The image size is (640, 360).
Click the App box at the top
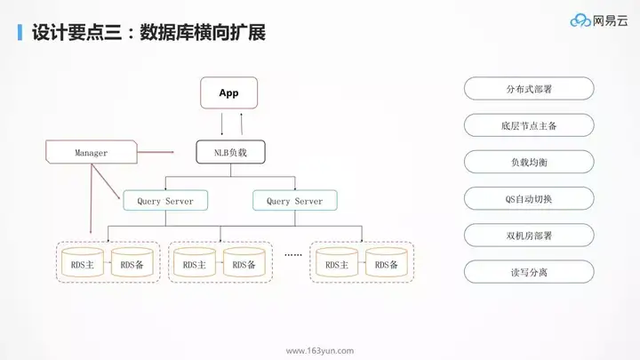pyautogui.click(x=228, y=93)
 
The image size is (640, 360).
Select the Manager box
pyautogui.click(x=92, y=153)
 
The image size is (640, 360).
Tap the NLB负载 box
pyautogui.click(x=229, y=153)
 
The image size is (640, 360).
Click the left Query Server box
pyautogui.click(x=165, y=202)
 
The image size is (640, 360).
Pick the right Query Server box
pyautogui.click(x=295, y=202)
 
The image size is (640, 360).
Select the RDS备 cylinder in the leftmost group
pyautogui.click(x=132, y=264)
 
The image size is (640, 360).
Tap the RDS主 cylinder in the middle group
pyautogui.click(x=194, y=264)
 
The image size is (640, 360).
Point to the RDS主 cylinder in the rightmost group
pyautogui.click(x=335, y=264)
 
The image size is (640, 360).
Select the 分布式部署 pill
pyautogui.click(x=528, y=89)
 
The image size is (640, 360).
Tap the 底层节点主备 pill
pyautogui.click(x=528, y=125)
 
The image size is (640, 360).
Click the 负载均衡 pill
pyautogui.click(x=528, y=162)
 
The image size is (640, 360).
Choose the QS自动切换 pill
pyautogui.click(x=528, y=198)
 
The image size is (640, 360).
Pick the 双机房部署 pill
pyautogui.click(x=528, y=235)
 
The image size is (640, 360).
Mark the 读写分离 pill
pyautogui.click(x=528, y=271)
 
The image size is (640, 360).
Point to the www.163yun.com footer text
pyautogui.click(x=320, y=350)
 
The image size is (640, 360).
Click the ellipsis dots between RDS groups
pyautogui.click(x=292, y=254)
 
